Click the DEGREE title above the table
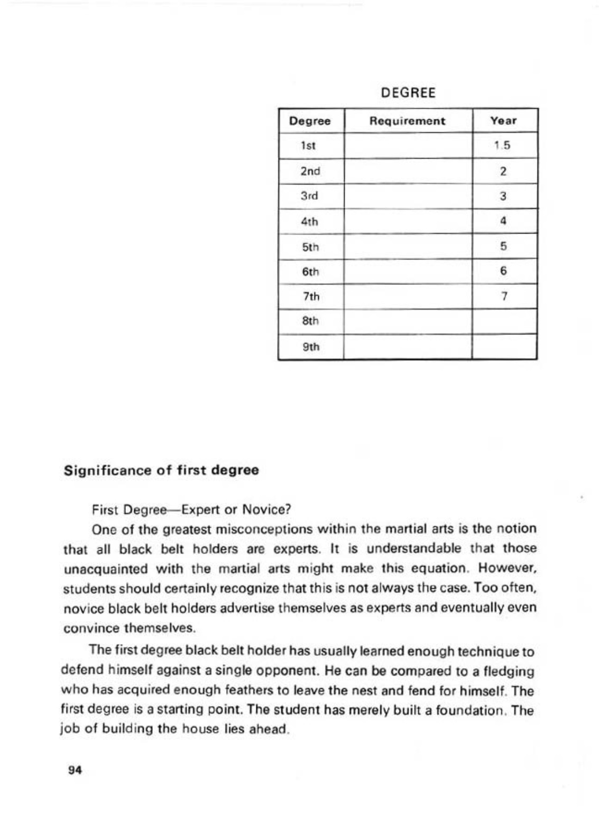408,93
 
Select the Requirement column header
407,121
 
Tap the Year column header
503,121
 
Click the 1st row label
309,145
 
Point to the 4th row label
310,221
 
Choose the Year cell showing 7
504,297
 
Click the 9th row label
310,347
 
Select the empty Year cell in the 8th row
504,321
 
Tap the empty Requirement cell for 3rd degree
407,196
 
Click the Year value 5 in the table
503,246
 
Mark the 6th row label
310,272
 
